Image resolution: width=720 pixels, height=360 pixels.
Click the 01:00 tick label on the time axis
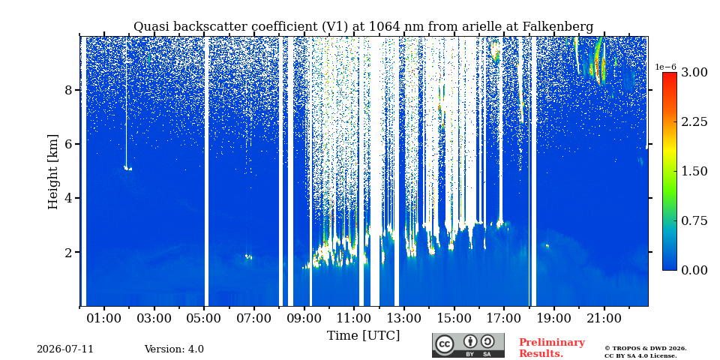tap(104, 319)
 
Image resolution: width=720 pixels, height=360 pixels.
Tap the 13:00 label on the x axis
tap(404, 319)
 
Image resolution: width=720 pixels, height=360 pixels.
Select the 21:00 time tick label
tap(604, 319)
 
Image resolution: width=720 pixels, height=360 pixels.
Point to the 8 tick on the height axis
tap(69, 90)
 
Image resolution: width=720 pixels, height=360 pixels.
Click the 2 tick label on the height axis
tap(69, 252)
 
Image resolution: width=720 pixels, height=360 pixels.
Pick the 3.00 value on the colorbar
tap(694, 72)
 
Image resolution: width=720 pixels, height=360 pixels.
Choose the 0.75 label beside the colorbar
tap(694, 220)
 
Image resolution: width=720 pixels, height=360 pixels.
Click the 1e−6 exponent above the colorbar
tap(665, 67)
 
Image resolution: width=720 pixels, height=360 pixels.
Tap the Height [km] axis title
tap(53, 172)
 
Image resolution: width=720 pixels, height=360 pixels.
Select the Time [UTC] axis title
tap(363, 336)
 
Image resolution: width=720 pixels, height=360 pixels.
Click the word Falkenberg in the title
tap(558, 27)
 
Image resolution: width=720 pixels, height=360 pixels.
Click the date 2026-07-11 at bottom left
tap(65, 349)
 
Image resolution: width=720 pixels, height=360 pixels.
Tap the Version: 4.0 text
tap(174, 349)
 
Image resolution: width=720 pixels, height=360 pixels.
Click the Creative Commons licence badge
tap(468, 345)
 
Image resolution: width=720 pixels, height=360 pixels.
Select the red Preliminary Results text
tap(552, 348)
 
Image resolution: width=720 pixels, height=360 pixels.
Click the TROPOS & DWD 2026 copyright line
tap(646, 349)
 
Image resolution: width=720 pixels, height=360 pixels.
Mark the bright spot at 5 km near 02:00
tap(127, 169)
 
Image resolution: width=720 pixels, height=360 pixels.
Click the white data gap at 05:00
tap(206, 171)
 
